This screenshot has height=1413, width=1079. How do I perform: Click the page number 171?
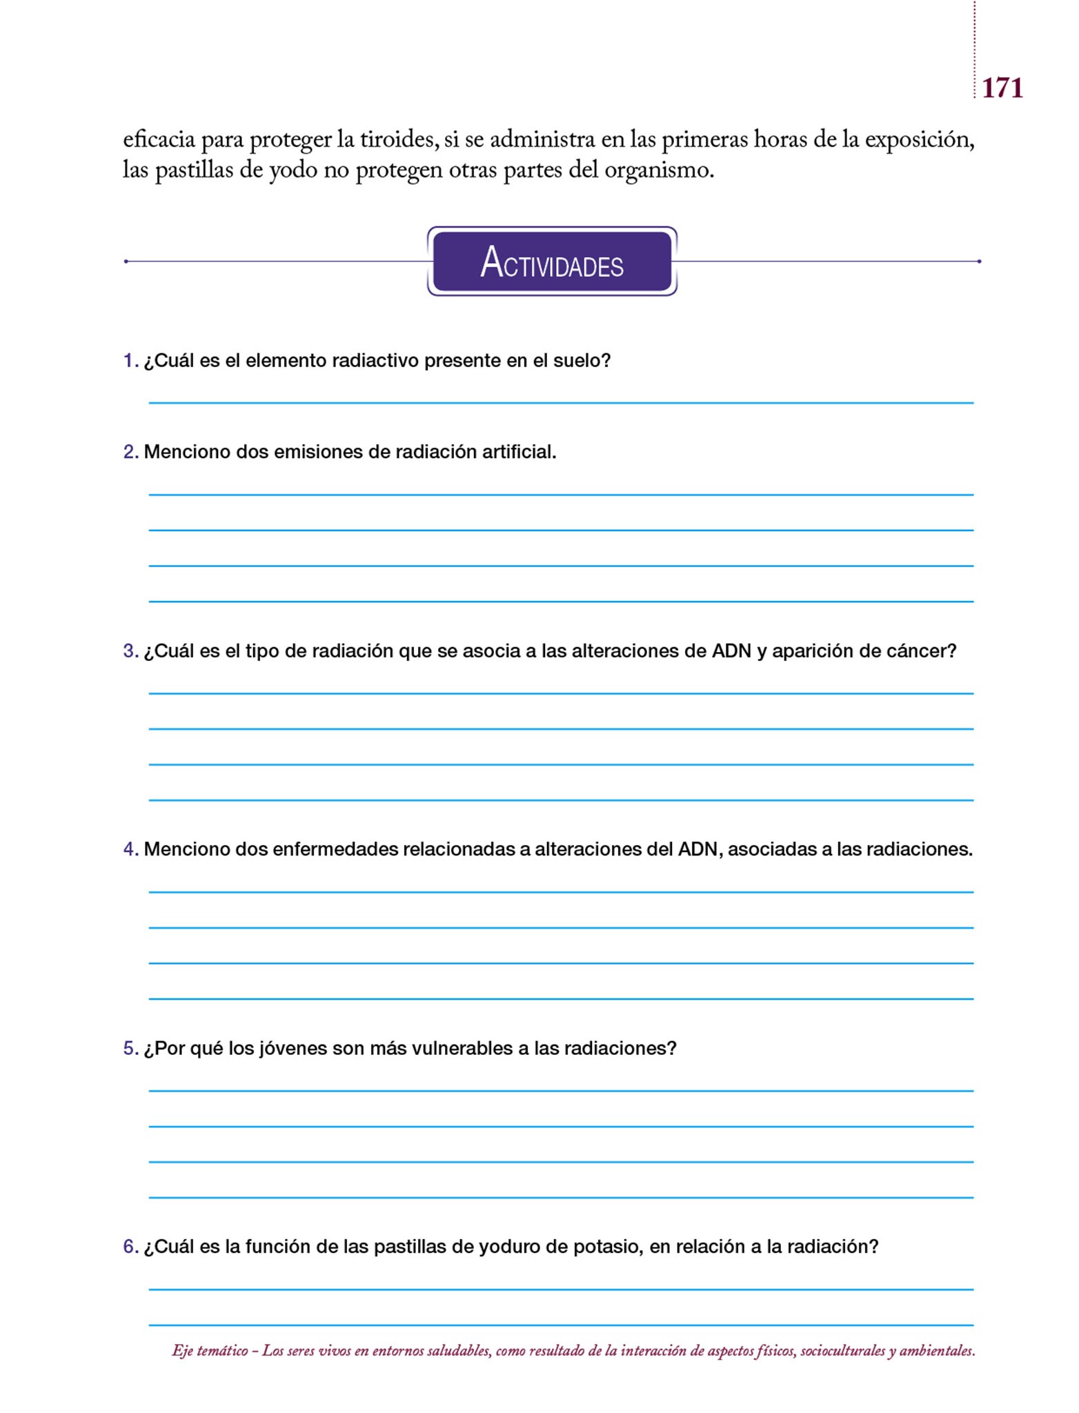[1002, 88]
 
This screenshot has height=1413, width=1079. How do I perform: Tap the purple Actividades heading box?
[552, 261]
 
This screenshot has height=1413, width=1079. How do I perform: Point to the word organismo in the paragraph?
[658, 170]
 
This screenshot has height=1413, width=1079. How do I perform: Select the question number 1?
[130, 361]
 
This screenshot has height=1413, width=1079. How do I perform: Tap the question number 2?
[130, 452]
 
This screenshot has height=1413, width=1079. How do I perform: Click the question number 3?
[130, 651]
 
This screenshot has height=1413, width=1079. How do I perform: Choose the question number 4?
[130, 849]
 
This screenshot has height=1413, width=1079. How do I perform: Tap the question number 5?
[130, 1048]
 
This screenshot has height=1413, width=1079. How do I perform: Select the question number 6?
[130, 1247]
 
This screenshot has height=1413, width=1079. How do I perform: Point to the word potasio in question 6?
[608, 1247]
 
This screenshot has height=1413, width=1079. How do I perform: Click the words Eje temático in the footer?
[210, 1351]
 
